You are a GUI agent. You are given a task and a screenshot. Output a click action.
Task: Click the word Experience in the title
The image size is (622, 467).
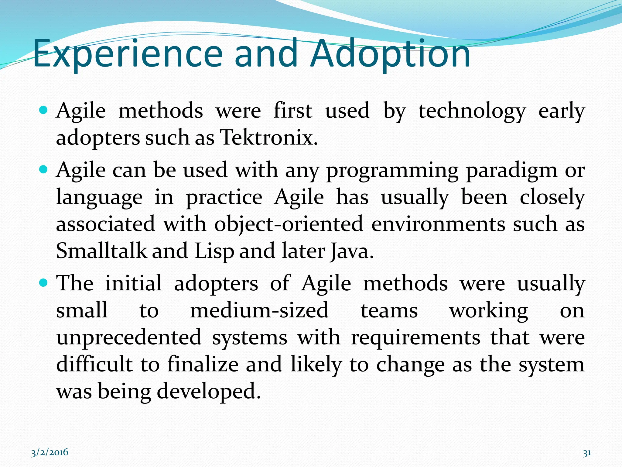coord(128,54)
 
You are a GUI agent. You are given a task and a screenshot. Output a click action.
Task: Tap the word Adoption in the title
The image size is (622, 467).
coord(390,54)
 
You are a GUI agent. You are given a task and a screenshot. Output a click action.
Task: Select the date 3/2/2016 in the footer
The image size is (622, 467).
coord(50,452)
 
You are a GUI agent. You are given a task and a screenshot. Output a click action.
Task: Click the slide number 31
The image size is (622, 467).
coord(587,453)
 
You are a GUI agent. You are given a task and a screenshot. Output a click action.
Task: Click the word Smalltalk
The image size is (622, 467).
coord(101,251)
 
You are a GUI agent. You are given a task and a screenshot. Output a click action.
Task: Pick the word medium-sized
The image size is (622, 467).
coord(259,311)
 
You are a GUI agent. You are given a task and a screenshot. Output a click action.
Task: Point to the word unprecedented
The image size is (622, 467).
coord(129,337)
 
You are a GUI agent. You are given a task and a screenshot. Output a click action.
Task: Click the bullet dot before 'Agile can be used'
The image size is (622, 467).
coord(44,169)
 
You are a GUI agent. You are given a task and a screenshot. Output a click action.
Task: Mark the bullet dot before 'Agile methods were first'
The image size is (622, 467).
coord(44,110)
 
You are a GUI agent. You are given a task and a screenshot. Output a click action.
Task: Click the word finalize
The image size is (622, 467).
coord(203,364)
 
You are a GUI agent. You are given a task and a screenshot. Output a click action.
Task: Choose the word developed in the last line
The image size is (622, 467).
coord(208,392)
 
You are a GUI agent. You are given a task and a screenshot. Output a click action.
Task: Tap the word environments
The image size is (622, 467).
coord(438,224)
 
